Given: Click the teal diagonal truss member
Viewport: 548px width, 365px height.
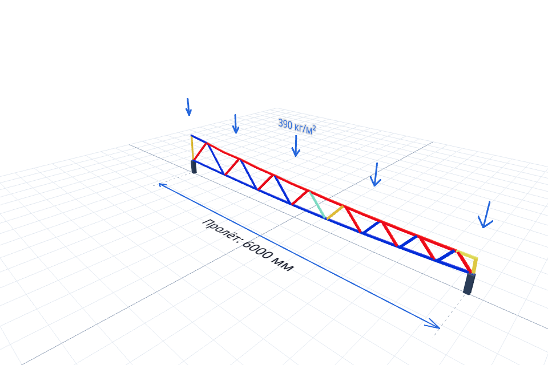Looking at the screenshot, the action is [x=318, y=205].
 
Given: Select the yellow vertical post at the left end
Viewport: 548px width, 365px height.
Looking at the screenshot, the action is [x=192, y=148].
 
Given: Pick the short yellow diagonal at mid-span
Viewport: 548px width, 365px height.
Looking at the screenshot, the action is [x=335, y=212].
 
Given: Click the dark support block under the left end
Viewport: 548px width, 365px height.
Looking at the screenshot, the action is [x=194, y=167].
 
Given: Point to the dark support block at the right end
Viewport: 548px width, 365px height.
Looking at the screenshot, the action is [x=469, y=283].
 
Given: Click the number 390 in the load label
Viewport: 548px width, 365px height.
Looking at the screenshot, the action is [x=285, y=124].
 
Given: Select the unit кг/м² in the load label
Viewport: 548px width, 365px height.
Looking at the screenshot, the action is [x=305, y=128].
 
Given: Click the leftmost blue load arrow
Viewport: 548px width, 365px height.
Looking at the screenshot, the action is [x=188, y=107].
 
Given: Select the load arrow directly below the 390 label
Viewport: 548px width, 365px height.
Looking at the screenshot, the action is [x=296, y=146].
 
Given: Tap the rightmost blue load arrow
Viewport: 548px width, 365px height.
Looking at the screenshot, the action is [x=486, y=214].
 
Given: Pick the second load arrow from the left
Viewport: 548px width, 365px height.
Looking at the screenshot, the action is [x=236, y=124].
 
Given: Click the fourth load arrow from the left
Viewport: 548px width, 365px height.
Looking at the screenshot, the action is [x=376, y=175].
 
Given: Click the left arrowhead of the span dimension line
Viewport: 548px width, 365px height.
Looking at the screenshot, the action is [x=162, y=184].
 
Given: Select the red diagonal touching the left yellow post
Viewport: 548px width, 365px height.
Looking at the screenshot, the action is [x=200, y=152].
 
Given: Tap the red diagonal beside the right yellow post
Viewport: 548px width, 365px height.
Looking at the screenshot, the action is [x=464, y=262].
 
